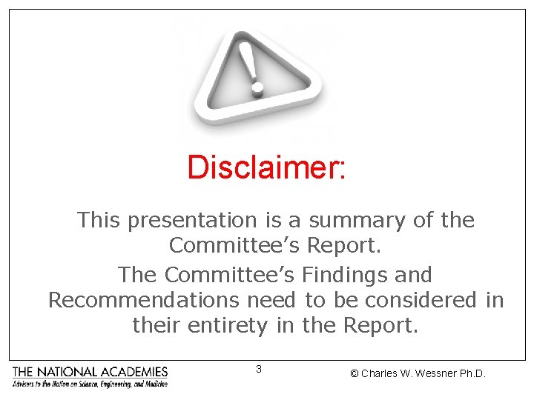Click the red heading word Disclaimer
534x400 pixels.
[x=265, y=167]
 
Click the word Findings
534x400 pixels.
[x=347, y=275]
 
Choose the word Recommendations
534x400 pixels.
[x=144, y=300]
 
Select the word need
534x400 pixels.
[x=272, y=300]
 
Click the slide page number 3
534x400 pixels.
[x=258, y=369]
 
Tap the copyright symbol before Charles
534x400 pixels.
[x=355, y=373]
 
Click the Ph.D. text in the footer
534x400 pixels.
[x=472, y=373]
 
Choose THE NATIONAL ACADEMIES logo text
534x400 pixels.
[x=90, y=371]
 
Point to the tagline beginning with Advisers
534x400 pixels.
[x=90, y=384]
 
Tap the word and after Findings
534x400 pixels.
[x=415, y=275]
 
